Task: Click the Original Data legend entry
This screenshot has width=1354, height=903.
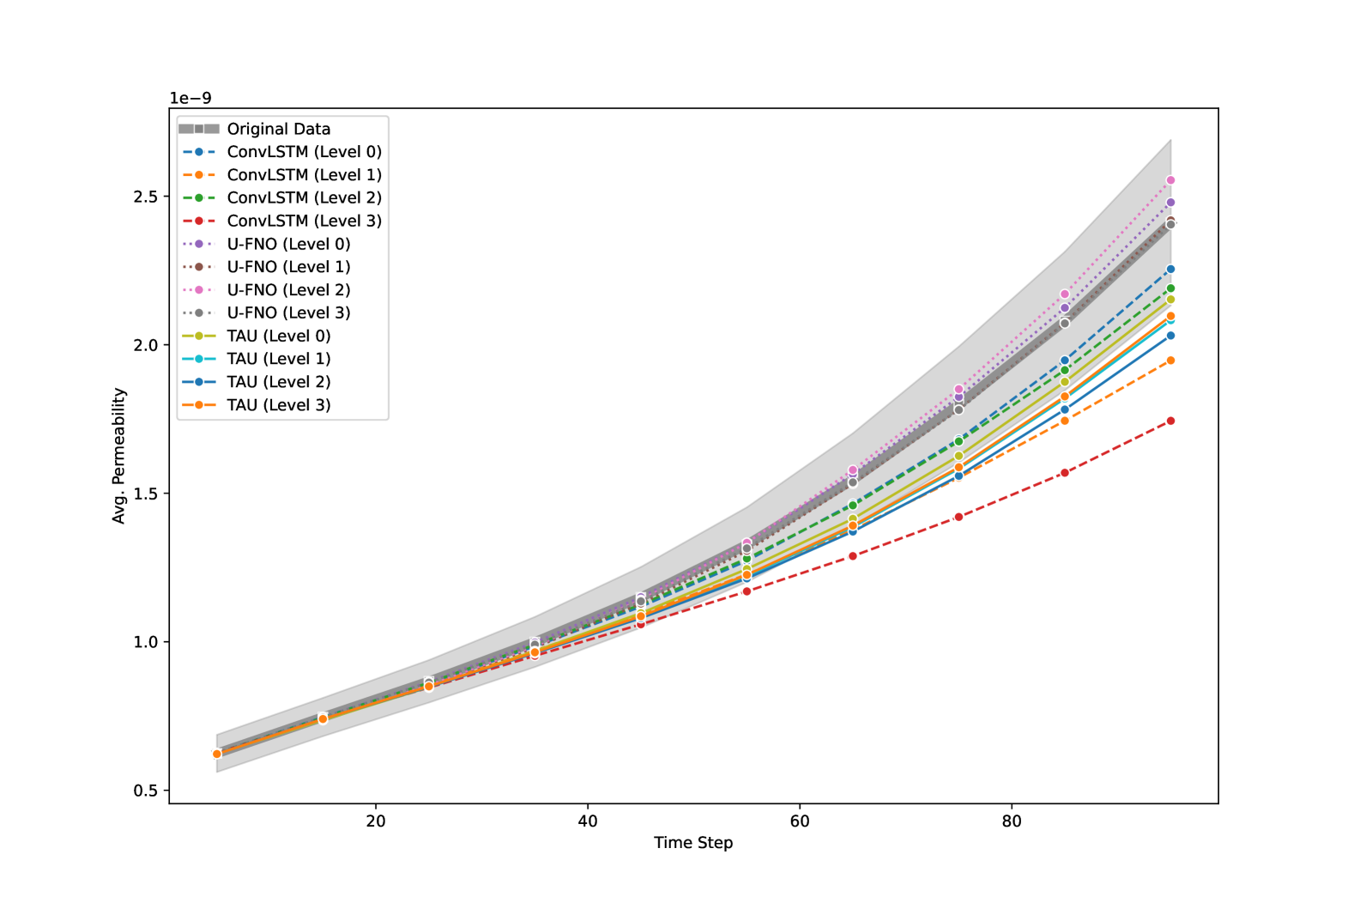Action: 278,129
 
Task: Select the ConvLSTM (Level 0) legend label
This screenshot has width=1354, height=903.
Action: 304,152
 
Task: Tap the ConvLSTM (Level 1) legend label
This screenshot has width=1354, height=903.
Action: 304,175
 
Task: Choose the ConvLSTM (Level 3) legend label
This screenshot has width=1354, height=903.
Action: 304,221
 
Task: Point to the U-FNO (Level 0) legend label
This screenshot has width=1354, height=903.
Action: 288,244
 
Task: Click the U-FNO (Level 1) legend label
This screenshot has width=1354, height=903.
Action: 288,267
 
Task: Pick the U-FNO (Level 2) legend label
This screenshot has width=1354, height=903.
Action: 288,290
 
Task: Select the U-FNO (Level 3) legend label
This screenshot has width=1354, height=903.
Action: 288,313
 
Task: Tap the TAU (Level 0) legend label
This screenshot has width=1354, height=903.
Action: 278,336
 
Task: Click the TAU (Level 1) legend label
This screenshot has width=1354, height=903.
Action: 278,359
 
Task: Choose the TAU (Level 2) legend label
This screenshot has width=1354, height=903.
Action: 278,382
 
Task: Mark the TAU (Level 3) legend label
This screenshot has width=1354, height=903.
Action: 278,405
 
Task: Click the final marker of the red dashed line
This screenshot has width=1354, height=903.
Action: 1170,421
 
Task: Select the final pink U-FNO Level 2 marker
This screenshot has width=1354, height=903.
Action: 1170,180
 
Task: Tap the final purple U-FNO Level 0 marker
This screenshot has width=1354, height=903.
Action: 1170,203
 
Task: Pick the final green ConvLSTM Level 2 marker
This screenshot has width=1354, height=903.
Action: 1170,288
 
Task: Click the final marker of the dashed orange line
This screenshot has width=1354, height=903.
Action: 1170,361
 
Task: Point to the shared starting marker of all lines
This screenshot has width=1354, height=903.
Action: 216,754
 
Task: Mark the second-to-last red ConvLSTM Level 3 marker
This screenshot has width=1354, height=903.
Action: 1065,473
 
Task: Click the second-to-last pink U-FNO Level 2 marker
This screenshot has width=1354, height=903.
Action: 1065,294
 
